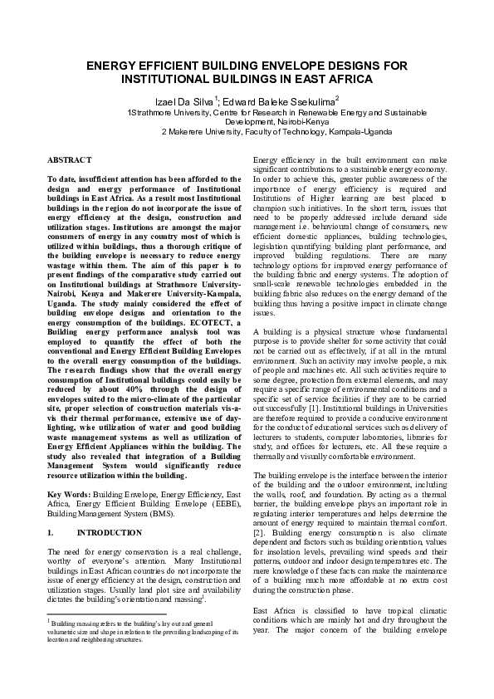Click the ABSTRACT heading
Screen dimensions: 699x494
click(x=70, y=158)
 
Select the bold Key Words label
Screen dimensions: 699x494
click(x=69, y=492)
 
